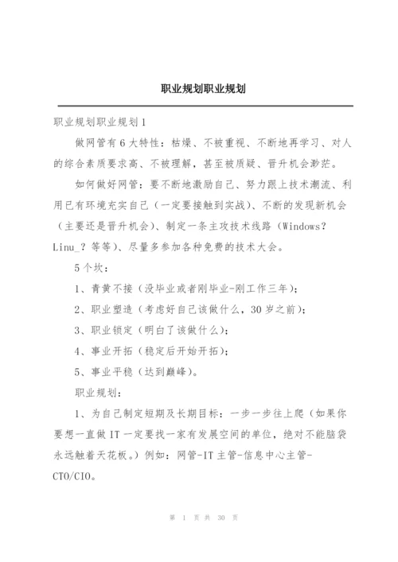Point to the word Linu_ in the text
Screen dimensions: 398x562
click(x=67, y=246)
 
